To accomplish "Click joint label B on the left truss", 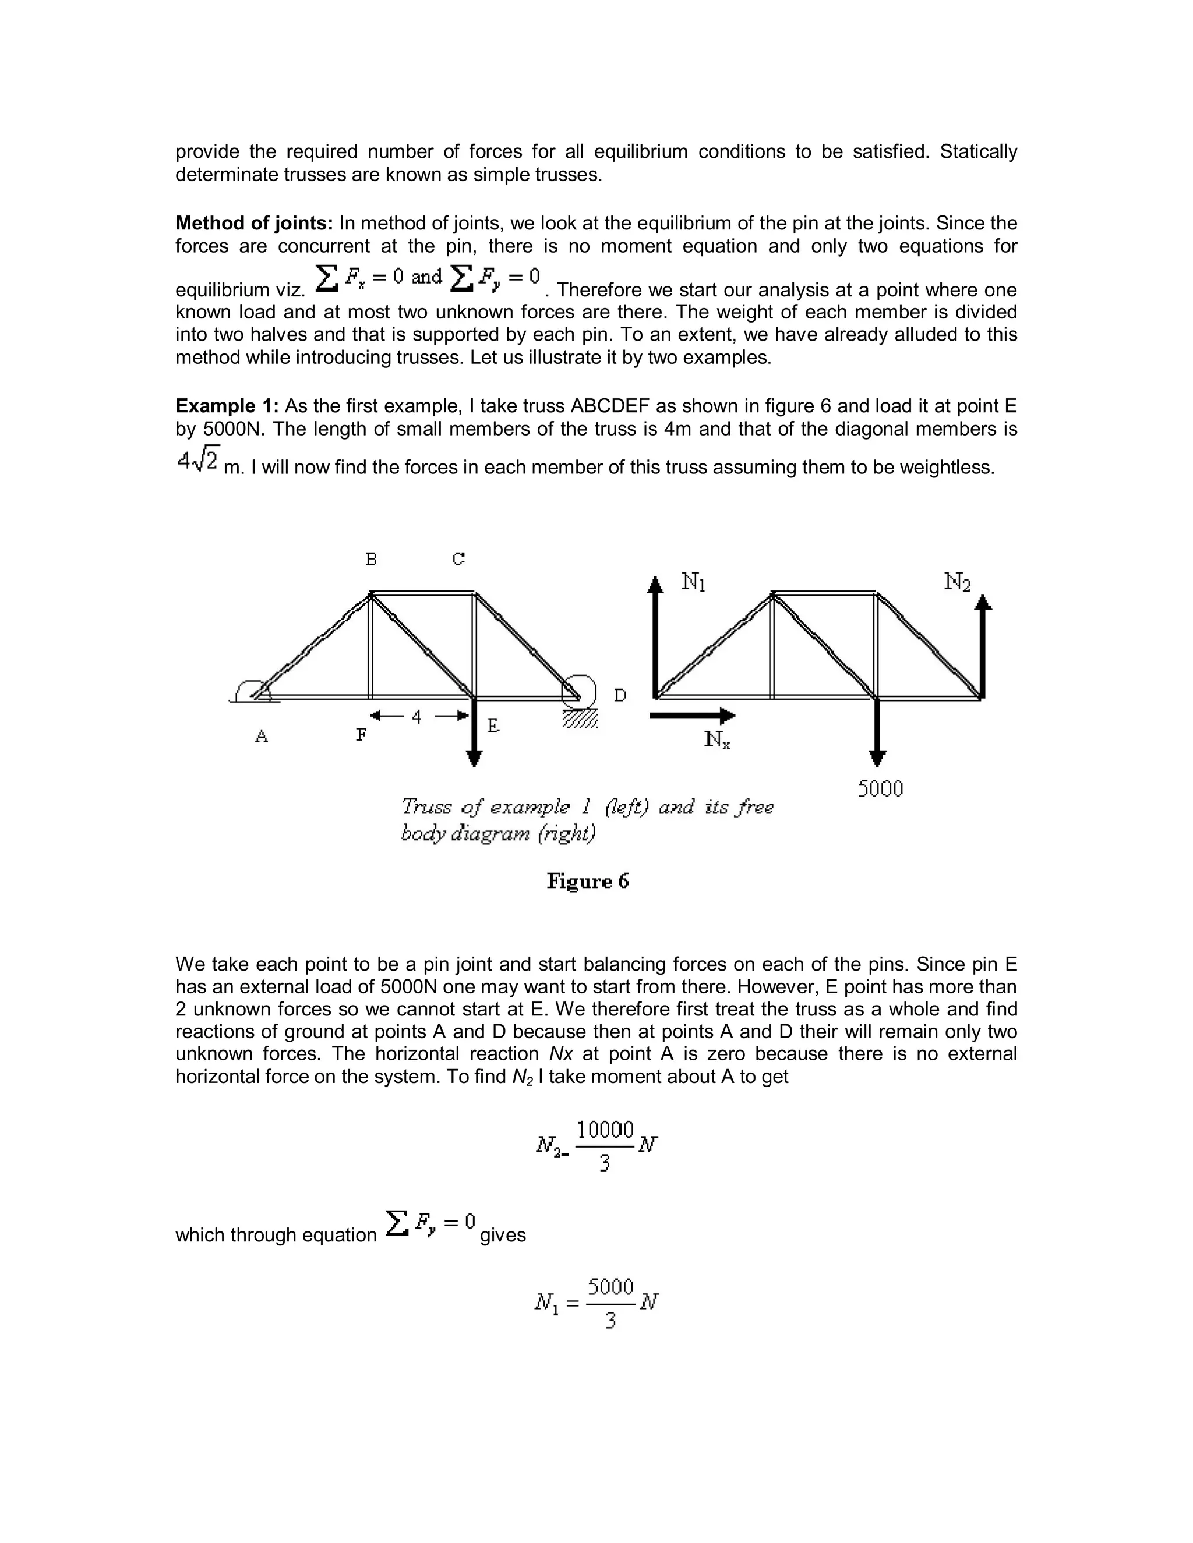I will tap(371, 560).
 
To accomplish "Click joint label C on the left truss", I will tap(458, 560).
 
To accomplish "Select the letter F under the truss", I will tap(361, 735).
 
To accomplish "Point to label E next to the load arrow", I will tap(493, 726).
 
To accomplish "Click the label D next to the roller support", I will tap(620, 696).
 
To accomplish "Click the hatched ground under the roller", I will tap(580, 719).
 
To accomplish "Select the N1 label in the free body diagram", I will tap(693, 582).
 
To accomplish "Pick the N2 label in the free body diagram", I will tap(958, 582).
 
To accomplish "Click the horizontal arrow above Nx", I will tap(692, 716).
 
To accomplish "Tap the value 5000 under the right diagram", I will tap(881, 789).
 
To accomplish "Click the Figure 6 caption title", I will tap(588, 882).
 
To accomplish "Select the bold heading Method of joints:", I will tap(254, 224).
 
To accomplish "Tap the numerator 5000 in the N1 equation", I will tap(610, 1287).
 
